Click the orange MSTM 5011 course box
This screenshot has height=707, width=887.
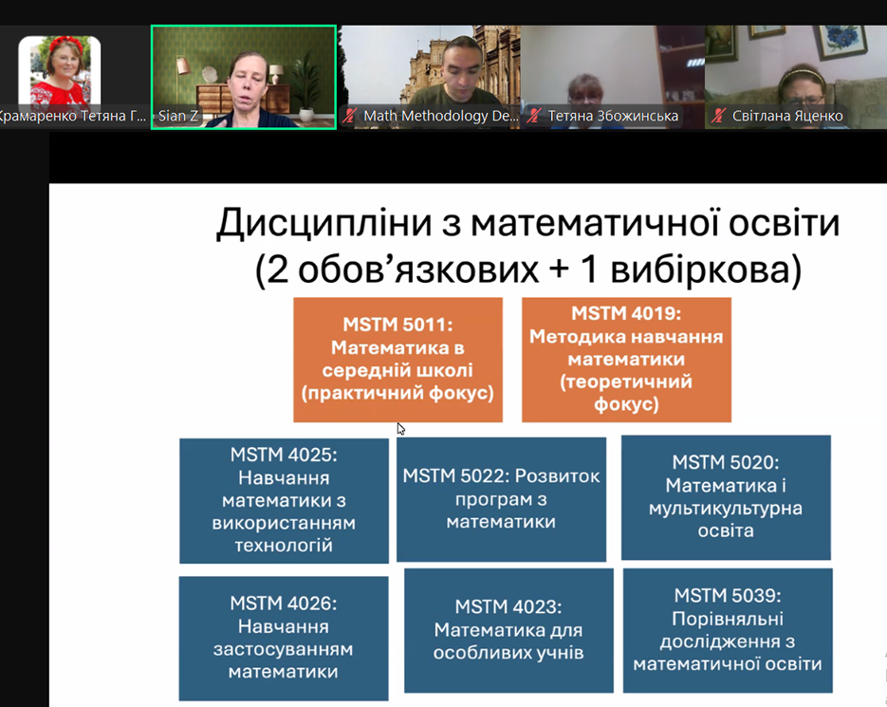(x=397, y=360)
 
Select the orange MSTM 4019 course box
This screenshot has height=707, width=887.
(x=626, y=360)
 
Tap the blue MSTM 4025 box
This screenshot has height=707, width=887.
(x=284, y=500)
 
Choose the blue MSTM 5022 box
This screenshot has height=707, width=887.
(x=501, y=499)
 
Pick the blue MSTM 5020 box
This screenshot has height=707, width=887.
(x=726, y=497)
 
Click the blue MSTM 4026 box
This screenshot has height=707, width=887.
(x=284, y=639)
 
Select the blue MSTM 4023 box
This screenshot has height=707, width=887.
(x=508, y=630)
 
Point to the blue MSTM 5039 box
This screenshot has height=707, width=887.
(x=728, y=630)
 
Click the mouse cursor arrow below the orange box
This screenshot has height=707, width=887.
(x=400, y=429)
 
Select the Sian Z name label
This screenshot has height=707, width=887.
(x=178, y=116)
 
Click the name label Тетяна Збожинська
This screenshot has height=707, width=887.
(x=613, y=116)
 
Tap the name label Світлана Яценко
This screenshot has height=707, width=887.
(x=787, y=116)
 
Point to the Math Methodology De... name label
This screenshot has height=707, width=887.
(x=441, y=116)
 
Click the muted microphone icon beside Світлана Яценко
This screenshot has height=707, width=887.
(x=718, y=116)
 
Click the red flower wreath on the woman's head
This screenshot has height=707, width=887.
(x=66, y=44)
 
